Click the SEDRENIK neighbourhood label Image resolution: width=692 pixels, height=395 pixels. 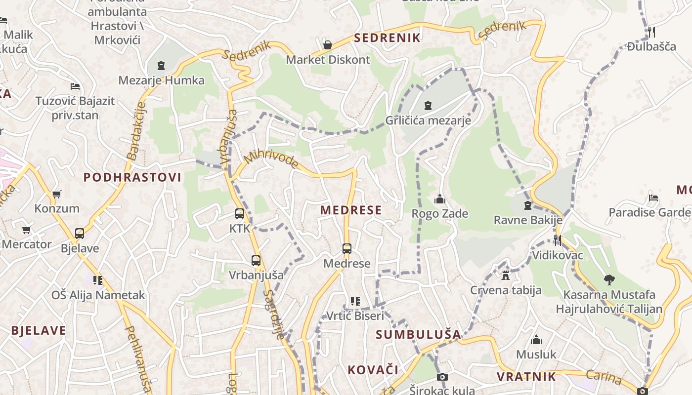pos(387,38)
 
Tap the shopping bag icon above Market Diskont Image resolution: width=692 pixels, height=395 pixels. pos(327,45)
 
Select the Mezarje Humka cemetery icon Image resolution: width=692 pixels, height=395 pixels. pos(161,66)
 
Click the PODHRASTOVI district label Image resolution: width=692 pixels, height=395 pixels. pos(132,177)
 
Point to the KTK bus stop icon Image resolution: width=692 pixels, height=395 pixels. pos(240,214)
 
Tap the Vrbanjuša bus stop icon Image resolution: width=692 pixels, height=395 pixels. pos(256,260)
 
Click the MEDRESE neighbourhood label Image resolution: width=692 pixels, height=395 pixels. pos(351,210)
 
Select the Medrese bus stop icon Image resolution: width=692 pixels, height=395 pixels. pos(346,248)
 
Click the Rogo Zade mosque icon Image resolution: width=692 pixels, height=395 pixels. pos(439,199)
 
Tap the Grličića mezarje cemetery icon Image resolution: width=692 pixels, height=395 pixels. pos(428,105)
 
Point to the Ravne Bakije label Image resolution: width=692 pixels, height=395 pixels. pos(528,220)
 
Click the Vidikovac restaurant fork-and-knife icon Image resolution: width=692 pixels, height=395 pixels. pos(557,240)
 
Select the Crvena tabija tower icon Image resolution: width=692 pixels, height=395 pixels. pos(505,275)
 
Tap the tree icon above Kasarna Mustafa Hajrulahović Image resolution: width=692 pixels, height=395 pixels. pos(609,280)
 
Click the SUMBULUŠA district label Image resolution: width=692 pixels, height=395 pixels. pos(418,334)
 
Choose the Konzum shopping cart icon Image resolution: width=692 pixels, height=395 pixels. pos(56,194)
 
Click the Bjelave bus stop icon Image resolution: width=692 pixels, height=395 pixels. pos(80,234)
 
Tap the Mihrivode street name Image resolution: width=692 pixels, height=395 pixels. pos(272,159)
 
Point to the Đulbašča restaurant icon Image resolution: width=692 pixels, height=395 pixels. pos(651,32)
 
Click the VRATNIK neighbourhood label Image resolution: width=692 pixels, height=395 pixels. pos(526,377)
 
